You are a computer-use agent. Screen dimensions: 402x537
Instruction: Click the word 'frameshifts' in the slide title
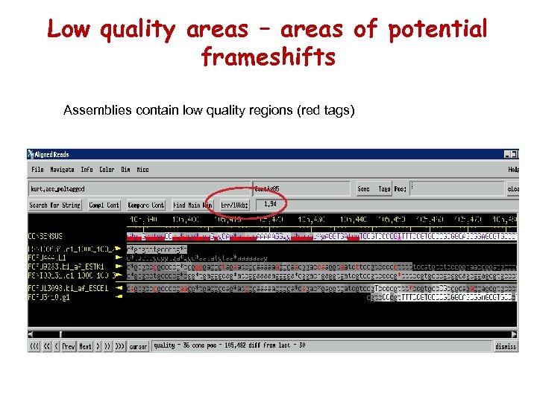pos(268,57)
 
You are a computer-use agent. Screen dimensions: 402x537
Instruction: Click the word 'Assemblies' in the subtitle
pos(94,111)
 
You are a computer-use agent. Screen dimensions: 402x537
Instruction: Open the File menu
pos(37,170)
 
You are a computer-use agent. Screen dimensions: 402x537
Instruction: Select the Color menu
pos(107,170)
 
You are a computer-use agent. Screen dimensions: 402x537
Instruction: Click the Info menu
pos(87,170)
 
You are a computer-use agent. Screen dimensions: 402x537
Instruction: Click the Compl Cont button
pos(104,205)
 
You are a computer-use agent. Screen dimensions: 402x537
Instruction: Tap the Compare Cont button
pos(146,205)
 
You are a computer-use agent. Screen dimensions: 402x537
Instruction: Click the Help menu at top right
pos(512,170)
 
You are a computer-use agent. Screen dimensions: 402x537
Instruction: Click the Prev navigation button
pos(69,346)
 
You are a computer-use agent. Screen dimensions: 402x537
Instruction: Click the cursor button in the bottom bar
pos(138,346)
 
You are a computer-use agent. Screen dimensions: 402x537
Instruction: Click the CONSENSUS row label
pos(45,237)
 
